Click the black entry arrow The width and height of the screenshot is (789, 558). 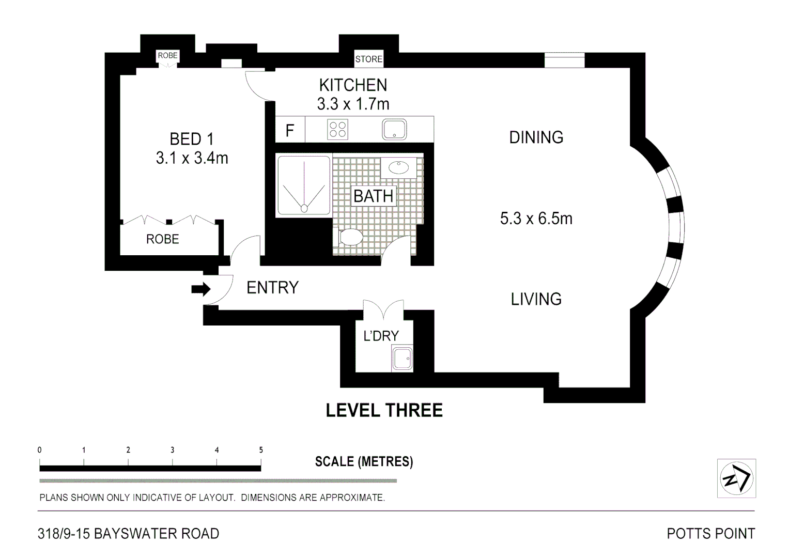[x=200, y=289]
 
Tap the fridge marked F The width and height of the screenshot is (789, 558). [x=290, y=130]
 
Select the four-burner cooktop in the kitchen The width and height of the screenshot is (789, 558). [x=337, y=130]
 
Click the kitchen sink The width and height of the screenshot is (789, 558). [x=394, y=130]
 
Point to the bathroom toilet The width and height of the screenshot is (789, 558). [x=350, y=238]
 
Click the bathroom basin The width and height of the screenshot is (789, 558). [x=398, y=167]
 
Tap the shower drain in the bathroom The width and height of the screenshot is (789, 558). [x=304, y=208]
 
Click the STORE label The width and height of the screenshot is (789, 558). [x=368, y=59]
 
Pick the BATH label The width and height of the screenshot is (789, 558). [x=374, y=196]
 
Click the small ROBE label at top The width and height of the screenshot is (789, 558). [x=167, y=55]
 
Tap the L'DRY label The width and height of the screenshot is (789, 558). [x=381, y=336]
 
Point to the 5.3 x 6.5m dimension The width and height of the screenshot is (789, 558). [x=536, y=219]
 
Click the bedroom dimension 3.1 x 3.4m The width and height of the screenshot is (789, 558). [x=192, y=158]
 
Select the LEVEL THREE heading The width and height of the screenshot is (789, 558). [x=384, y=410]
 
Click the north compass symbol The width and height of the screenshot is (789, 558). [x=736, y=478]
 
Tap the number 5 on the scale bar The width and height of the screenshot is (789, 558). [x=261, y=450]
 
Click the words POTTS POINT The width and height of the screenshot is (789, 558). [x=710, y=533]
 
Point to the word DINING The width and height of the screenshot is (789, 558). [x=536, y=137]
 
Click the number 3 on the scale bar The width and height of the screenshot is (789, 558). [x=173, y=450]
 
